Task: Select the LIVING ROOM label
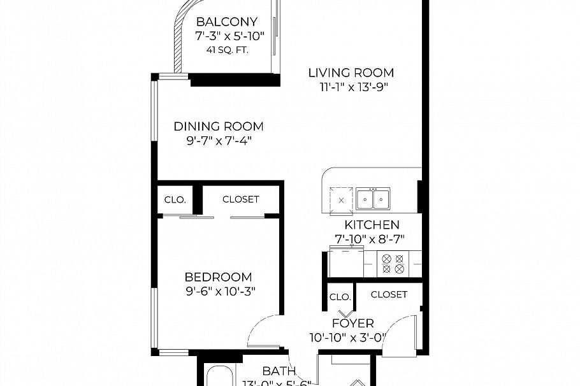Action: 351,73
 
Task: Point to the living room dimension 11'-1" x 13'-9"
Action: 354,87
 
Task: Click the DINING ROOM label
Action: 219,127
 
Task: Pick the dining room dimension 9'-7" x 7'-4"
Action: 219,141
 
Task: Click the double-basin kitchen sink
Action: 373,199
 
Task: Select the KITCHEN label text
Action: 372,225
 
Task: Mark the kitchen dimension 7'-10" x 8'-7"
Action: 370,239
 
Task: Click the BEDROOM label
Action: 218,277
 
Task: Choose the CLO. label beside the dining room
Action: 175,199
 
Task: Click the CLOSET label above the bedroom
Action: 240,199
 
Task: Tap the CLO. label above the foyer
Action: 340,297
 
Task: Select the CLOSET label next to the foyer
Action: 389,294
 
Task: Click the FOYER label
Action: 352,324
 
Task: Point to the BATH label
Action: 279,371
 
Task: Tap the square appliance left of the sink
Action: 341,199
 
